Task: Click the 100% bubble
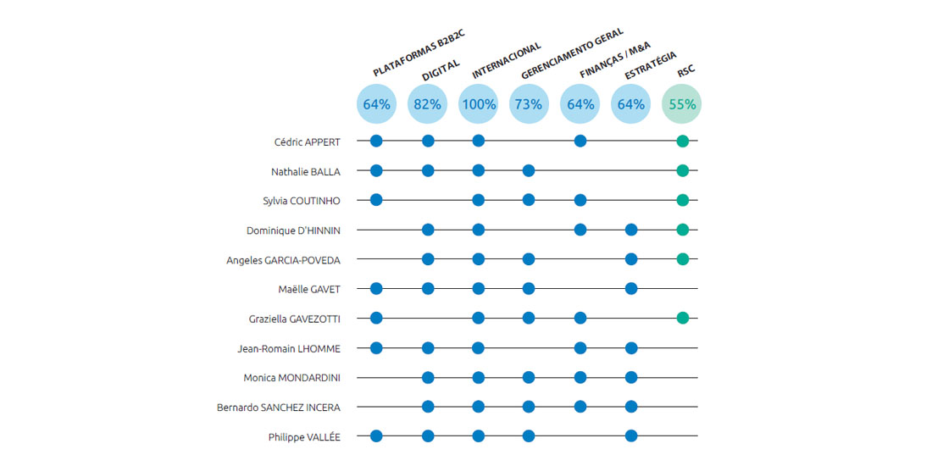[478, 104]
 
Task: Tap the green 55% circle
[682, 104]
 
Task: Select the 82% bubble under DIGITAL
[427, 104]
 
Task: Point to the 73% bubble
[529, 104]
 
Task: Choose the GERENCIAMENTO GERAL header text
[572, 53]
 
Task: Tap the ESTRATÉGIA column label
[650, 65]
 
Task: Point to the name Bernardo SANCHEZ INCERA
[278, 408]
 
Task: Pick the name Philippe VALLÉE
[304, 437]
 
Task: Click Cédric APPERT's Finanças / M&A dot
[580, 141]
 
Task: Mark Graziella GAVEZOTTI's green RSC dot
[682, 318]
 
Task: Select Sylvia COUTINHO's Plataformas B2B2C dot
[377, 200]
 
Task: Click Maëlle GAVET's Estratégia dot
[631, 288]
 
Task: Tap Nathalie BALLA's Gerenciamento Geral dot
[529, 170]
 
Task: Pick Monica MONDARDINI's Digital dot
[428, 377]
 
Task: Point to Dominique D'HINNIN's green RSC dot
[682, 229]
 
